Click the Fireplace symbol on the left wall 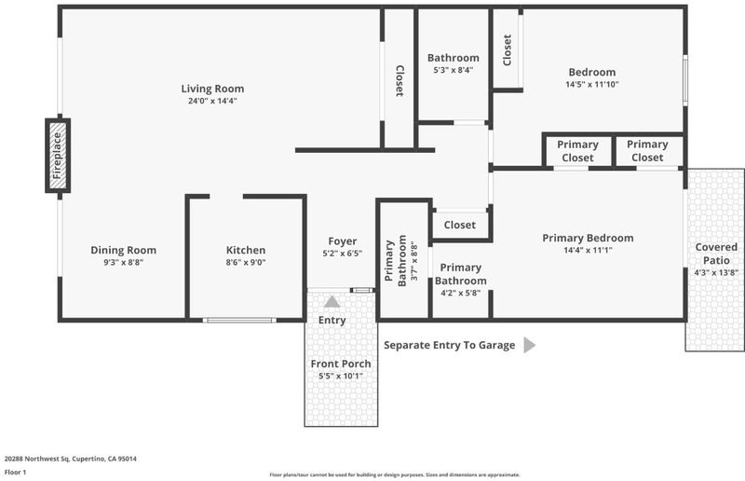pyautogui.click(x=58, y=156)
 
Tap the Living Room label pyautogui.click(x=212, y=89)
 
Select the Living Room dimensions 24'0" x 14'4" pyautogui.click(x=212, y=101)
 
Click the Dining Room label pyautogui.click(x=123, y=250)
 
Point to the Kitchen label pyautogui.click(x=246, y=250)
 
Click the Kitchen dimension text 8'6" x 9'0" pyautogui.click(x=246, y=262)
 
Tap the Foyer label pyautogui.click(x=342, y=241)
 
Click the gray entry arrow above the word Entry pyautogui.click(x=332, y=301)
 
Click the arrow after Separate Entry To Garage pyautogui.click(x=529, y=345)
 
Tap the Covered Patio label pyautogui.click(x=716, y=254)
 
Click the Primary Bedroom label pyautogui.click(x=588, y=238)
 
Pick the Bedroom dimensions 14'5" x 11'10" pyautogui.click(x=592, y=84)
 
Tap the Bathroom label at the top pyautogui.click(x=453, y=58)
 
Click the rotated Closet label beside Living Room pyautogui.click(x=400, y=81)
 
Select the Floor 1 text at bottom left pyautogui.click(x=15, y=472)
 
